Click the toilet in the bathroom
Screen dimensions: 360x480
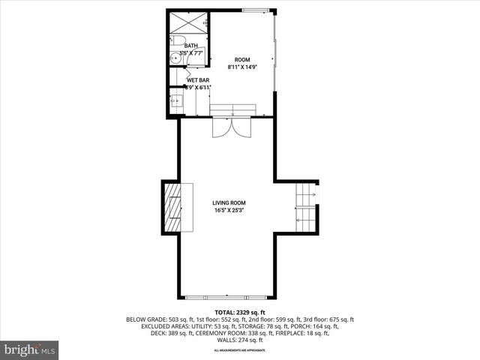coord(177,41)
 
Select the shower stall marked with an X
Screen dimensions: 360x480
coord(186,22)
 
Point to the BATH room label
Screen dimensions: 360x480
coord(191,46)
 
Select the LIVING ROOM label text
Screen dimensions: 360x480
coord(228,202)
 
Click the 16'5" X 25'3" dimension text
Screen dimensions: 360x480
coord(228,211)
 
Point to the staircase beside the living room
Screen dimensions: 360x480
coord(305,208)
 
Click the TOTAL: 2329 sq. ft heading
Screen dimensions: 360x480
coord(239,311)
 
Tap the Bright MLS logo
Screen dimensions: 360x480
coord(30,349)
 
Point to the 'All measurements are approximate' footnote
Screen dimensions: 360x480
coord(239,350)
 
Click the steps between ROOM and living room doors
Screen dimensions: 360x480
coord(232,111)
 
